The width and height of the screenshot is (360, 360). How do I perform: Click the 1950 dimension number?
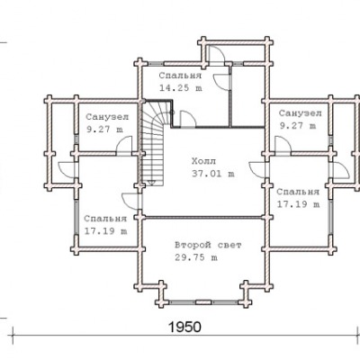tap(184, 327)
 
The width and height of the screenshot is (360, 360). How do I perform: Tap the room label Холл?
tap(203, 161)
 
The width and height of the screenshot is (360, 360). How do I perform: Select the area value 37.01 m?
tap(213, 174)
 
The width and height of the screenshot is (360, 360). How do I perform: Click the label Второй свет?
tap(208, 245)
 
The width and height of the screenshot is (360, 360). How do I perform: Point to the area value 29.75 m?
tap(196, 257)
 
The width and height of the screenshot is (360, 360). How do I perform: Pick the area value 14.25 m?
tap(181, 88)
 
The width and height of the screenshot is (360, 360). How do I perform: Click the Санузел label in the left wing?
tap(107, 117)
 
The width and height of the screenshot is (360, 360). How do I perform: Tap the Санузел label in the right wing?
tap(300, 113)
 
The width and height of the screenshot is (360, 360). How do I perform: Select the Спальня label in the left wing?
tap(105, 219)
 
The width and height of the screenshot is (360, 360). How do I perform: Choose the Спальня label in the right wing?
tap(298, 192)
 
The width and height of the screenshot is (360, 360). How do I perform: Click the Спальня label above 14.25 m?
tap(180, 76)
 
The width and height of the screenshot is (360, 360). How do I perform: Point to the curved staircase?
tap(153, 143)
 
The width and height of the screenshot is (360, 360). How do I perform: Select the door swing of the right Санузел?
tap(286, 140)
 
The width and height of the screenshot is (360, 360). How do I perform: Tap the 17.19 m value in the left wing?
tap(105, 231)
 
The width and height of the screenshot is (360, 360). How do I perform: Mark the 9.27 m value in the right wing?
tap(298, 126)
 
